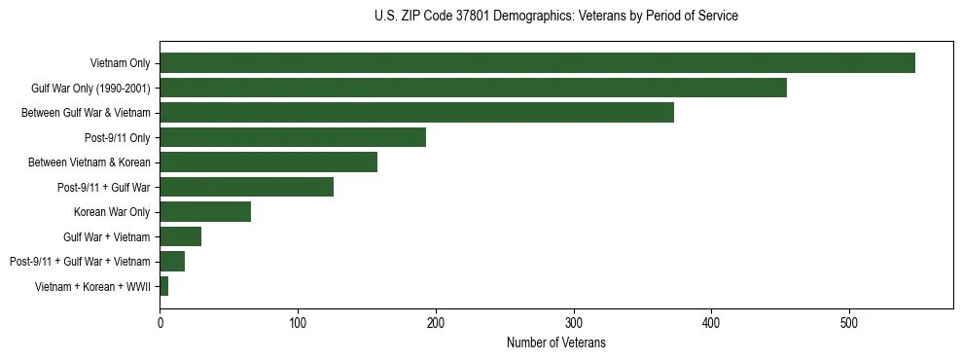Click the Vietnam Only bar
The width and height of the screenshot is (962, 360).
(537, 63)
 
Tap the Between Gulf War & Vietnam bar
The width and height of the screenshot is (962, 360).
(416, 113)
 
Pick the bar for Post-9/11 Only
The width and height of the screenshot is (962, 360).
(293, 138)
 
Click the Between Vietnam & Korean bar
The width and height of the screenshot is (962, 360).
(268, 162)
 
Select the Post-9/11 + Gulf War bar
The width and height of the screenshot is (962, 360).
(246, 187)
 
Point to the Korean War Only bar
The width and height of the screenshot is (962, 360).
(205, 212)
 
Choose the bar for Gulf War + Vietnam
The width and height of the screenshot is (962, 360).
(180, 236)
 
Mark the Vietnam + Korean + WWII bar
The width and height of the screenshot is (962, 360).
(164, 286)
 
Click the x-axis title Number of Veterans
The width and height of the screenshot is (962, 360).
(555, 342)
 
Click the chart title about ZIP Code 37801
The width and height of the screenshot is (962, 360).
(555, 17)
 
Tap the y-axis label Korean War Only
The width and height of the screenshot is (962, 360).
(112, 212)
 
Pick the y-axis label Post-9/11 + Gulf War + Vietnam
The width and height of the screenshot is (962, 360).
(80, 262)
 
